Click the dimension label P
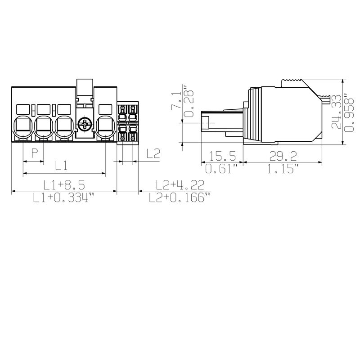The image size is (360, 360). coord(34,153)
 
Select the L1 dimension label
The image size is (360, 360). coord(62,166)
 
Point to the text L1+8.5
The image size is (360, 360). coord(64,184)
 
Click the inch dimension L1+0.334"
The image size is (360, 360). coord(64,198)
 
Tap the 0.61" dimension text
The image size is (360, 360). coord(221,170)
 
